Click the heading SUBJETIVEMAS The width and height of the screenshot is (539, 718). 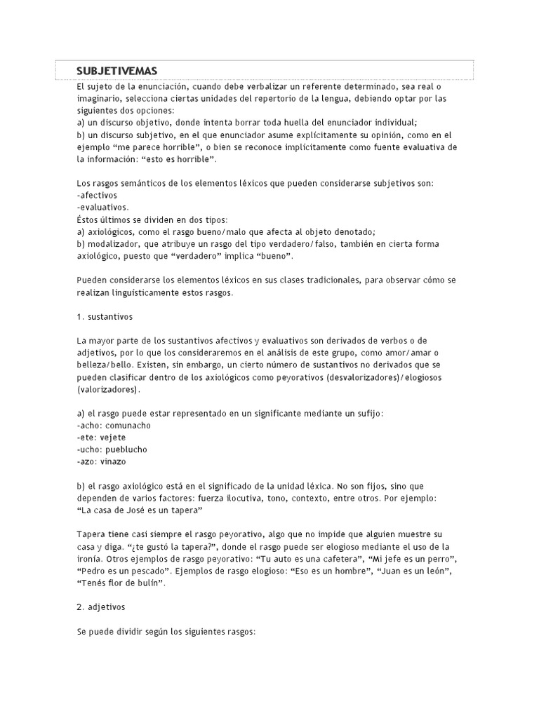point(117,71)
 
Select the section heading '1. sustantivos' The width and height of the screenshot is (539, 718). point(105,317)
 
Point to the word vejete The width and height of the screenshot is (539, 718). point(112,438)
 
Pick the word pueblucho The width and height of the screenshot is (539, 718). point(127,449)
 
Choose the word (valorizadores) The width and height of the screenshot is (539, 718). point(108,389)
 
